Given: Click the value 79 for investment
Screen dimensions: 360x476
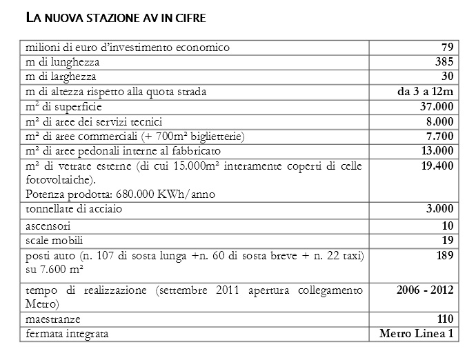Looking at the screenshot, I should pos(446,48).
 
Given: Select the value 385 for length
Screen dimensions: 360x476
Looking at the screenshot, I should pos(444,62).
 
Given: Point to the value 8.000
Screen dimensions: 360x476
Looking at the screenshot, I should pos(439,121).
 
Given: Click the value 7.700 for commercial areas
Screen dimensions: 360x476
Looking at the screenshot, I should pos(439,136).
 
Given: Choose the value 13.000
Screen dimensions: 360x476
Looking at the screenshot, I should pos(437,150).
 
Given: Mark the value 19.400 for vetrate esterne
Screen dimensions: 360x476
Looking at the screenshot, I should pos(437,166).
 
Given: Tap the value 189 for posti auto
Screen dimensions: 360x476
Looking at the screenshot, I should pos(444,255).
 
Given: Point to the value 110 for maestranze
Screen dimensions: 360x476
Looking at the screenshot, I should pos(444,319).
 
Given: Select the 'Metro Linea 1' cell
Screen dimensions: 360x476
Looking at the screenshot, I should pos(417,334).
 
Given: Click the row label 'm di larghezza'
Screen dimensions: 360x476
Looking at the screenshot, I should pos(61,77).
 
